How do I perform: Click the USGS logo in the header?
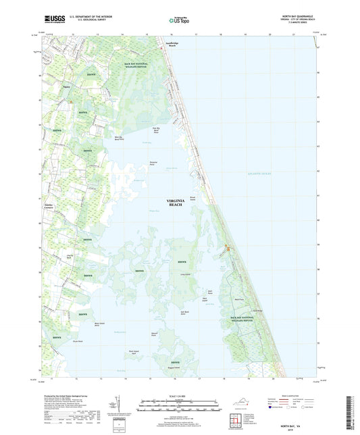(x=55, y=20)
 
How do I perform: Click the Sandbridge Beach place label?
(x=157, y=55)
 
